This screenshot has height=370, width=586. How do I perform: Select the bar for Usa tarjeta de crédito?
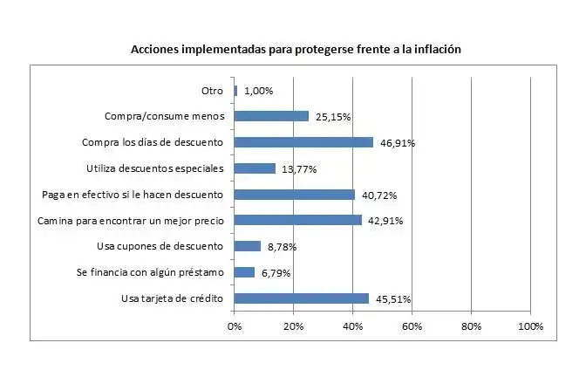(302, 298)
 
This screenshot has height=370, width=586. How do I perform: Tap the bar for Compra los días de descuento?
(303, 142)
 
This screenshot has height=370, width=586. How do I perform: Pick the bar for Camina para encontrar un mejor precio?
(297, 220)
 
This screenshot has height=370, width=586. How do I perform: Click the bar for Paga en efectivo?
(295, 195)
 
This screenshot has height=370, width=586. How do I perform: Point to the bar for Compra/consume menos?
(271, 116)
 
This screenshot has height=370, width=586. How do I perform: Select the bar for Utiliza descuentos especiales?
(255, 168)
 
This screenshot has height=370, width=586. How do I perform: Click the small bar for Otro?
(235, 90)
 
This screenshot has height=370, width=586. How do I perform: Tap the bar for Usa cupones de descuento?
(248, 246)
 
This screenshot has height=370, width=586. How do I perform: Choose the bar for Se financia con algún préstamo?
(244, 272)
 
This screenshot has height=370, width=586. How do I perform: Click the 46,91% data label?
(397, 143)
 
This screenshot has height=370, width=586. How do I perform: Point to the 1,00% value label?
(259, 91)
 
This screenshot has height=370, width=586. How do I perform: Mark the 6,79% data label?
(276, 273)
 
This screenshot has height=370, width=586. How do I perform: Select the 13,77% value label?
(297, 169)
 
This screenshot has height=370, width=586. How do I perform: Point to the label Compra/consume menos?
(165, 116)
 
